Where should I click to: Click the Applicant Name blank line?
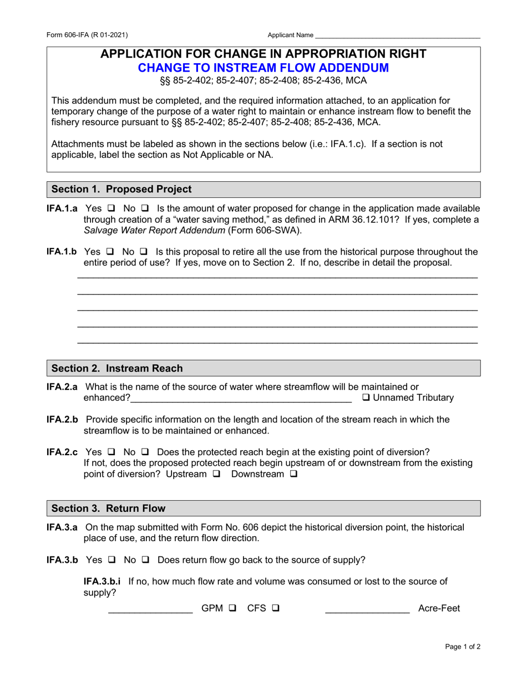coord(397,35)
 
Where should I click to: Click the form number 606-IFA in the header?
coord(88,35)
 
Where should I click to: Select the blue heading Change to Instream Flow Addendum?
coord(263,68)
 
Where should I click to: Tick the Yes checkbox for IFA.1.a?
coord(110,209)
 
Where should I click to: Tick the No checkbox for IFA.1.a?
coord(145,209)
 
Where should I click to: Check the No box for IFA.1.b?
coord(144,252)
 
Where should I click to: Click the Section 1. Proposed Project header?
coord(121,189)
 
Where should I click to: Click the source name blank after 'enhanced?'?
coord(241,398)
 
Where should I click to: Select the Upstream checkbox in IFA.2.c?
coord(216,475)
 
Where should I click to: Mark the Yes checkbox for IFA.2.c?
coord(110,452)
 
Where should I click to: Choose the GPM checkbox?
coord(232,608)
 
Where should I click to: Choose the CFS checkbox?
coord(275,608)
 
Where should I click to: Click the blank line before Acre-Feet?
coord(367,609)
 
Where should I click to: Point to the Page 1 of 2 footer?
coord(463,647)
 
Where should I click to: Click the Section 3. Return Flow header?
coord(108,508)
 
